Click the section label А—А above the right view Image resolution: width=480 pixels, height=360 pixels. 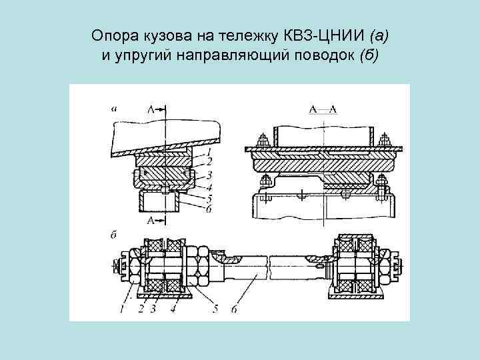(x=323, y=108)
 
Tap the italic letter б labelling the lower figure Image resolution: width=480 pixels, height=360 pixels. (x=114, y=234)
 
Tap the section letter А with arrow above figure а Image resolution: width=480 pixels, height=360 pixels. (x=152, y=108)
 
